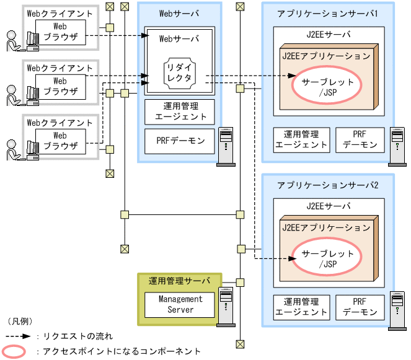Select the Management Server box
click(x=180, y=304)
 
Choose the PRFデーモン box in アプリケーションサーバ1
click(x=360, y=139)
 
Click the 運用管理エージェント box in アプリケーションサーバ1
click(x=301, y=139)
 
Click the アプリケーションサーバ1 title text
click(x=328, y=13)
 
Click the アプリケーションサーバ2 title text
click(x=328, y=185)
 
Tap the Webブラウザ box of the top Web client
click(x=60, y=31)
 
